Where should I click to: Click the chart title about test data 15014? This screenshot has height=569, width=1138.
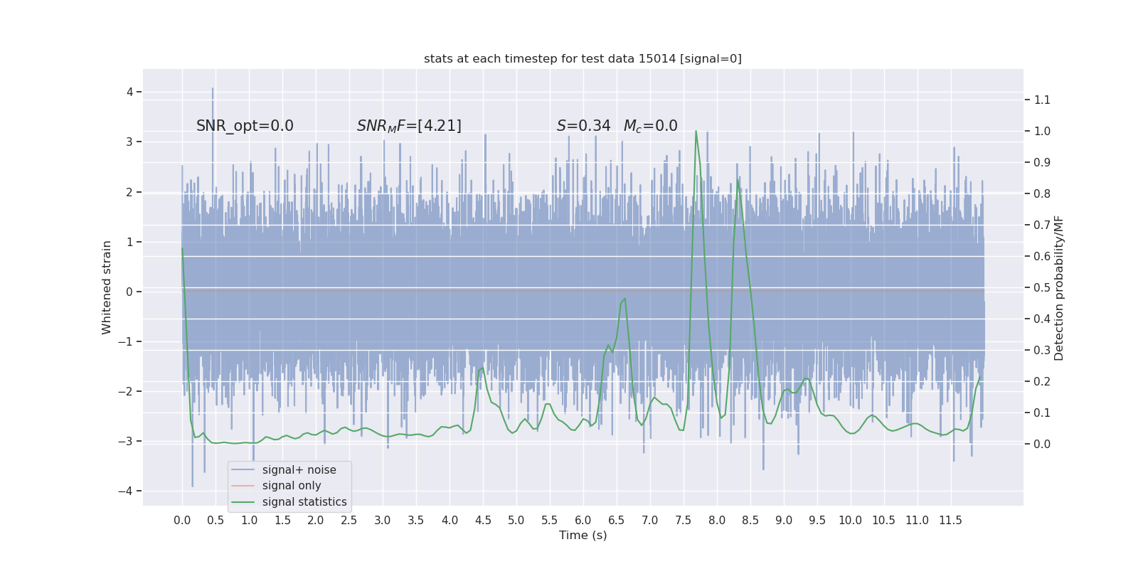point(583,58)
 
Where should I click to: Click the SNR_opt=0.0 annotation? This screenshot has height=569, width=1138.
point(245,126)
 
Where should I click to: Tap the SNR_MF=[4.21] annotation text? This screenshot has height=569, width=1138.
point(409,126)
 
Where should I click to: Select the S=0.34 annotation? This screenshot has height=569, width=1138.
point(583,126)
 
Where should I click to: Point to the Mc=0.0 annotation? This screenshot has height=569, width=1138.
point(650,126)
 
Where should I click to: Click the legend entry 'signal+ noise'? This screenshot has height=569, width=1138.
point(299,469)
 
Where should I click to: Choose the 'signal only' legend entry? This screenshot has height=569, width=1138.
point(292,486)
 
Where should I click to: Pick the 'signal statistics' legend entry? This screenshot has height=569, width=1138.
point(304,502)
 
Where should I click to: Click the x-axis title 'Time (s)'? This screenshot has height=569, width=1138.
point(583,535)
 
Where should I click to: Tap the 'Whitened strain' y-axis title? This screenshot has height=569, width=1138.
point(107,287)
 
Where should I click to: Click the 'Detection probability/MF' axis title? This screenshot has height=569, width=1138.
point(1059,287)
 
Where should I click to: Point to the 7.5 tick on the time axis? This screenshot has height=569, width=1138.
point(684,520)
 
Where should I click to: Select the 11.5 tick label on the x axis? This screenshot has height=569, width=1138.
point(950,520)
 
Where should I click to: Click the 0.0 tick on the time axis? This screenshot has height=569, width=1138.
point(182,520)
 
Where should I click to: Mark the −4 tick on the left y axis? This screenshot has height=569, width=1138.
point(129,491)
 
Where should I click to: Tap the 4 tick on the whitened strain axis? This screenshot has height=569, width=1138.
point(130,92)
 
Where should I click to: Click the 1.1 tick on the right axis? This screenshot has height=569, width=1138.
point(1042,100)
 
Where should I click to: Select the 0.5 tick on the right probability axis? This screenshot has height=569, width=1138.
point(1042,287)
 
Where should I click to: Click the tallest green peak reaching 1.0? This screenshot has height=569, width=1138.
point(696,132)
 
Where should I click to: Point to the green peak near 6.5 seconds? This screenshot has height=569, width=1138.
point(624,299)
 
